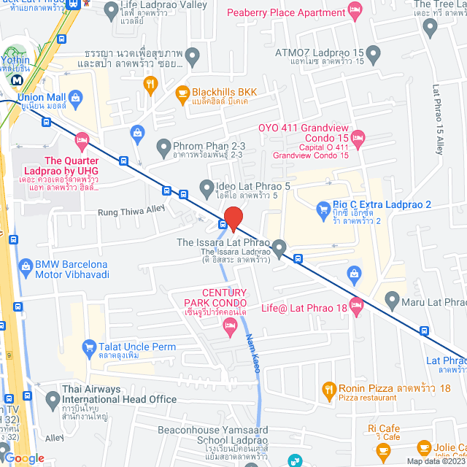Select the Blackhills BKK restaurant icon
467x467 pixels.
tap(182, 93)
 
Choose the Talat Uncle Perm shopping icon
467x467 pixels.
tap(90, 347)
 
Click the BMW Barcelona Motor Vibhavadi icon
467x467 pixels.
tap(26, 266)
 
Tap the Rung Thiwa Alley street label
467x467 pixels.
tap(132, 212)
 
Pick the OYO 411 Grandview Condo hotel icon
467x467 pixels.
tap(358, 136)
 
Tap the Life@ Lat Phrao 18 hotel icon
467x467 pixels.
tap(356, 309)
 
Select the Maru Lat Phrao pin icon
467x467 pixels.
tap(393, 299)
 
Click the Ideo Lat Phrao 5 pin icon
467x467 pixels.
tap(207, 187)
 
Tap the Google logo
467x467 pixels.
tap(24, 458)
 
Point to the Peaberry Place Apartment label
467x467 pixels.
tap(295, 12)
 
